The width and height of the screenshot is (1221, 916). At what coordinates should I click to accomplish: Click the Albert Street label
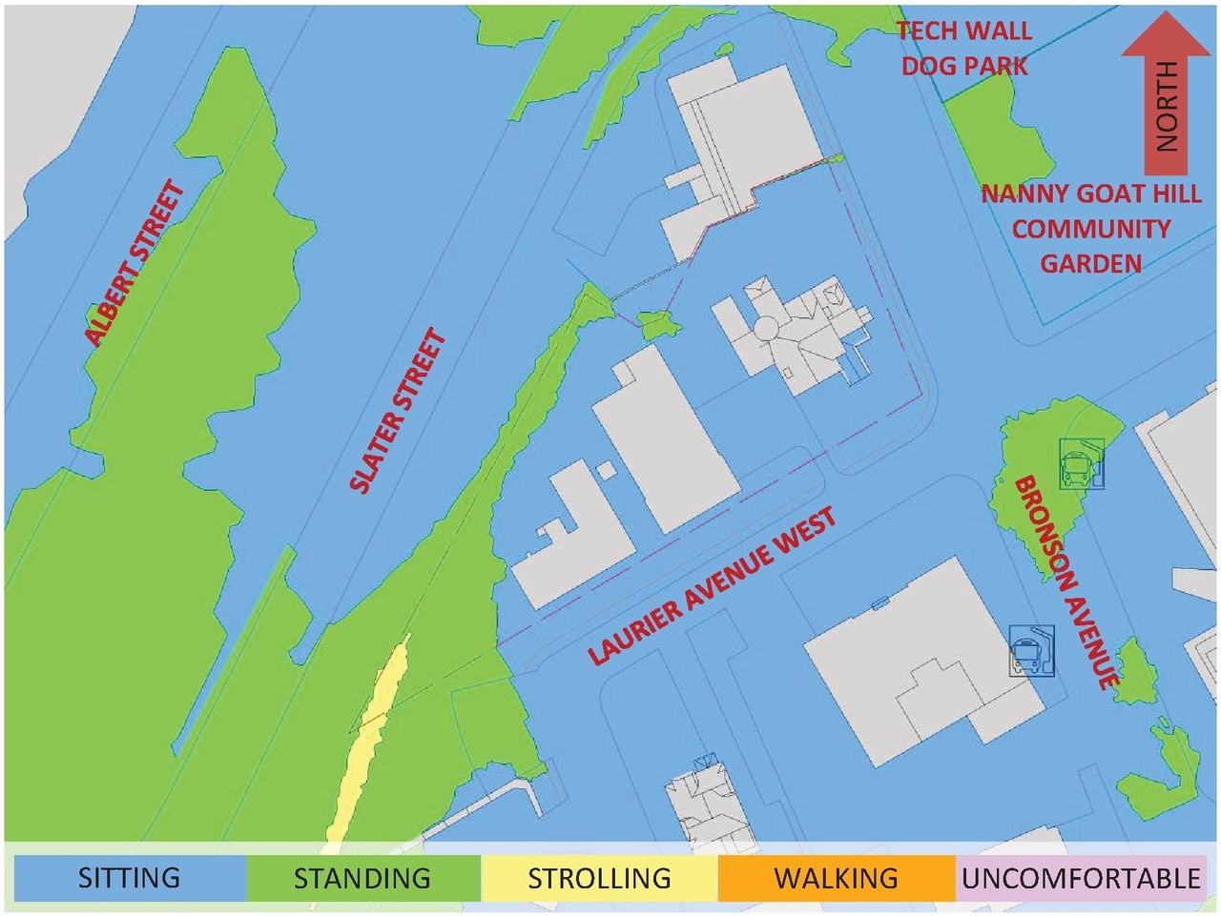tap(135, 263)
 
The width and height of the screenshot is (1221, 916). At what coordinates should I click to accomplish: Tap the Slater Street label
tap(398, 411)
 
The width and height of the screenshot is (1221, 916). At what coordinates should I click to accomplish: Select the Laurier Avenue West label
tap(712, 585)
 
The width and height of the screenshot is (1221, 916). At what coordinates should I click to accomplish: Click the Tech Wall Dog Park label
tap(964, 48)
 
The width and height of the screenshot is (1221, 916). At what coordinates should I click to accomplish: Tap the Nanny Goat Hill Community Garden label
tap(1090, 229)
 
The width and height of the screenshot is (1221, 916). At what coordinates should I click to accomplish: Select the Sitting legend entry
tap(129, 878)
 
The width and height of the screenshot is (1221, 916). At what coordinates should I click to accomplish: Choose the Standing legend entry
tap(362, 878)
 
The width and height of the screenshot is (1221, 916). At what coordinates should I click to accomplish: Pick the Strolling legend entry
tap(599, 878)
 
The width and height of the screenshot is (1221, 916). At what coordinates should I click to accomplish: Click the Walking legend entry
tap(836, 878)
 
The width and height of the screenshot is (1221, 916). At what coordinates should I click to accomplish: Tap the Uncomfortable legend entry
tap(1081, 878)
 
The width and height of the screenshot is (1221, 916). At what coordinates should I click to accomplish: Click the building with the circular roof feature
tap(792, 334)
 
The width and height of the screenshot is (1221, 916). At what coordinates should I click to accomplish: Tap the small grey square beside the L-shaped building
tap(606, 469)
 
